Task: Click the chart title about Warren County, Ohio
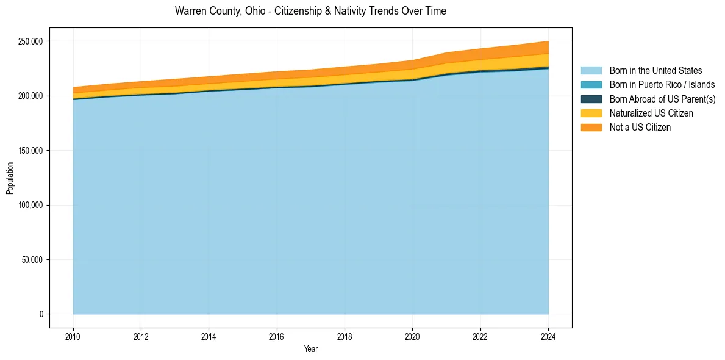point(310,11)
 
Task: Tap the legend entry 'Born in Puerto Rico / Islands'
point(662,85)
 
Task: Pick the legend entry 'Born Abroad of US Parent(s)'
point(662,99)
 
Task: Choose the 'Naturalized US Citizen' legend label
point(651,113)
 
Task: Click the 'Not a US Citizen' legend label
point(640,128)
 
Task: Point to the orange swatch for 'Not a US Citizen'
point(591,128)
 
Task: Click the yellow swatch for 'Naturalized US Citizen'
point(591,113)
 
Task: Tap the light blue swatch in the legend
point(591,71)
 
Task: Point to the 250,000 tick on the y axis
point(30,41)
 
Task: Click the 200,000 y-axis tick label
point(30,96)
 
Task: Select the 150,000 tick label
point(30,151)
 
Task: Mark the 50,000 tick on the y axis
point(32,260)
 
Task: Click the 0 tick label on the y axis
point(41,314)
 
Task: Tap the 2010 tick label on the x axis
point(73,337)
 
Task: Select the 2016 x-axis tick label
point(277,337)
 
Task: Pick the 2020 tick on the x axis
point(413,337)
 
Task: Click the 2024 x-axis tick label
point(549,337)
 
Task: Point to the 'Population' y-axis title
point(10,178)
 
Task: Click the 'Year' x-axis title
point(310,350)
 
